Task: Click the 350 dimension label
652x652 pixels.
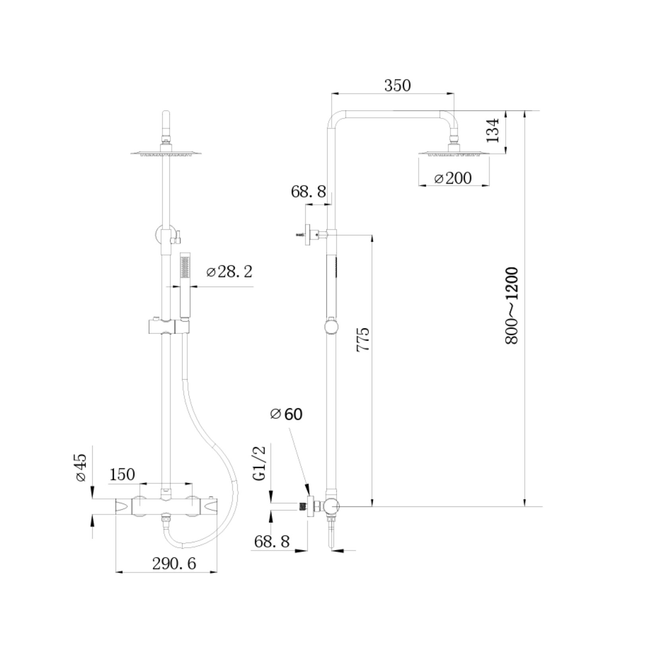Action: [x=398, y=85]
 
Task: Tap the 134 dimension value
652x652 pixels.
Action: [x=493, y=130]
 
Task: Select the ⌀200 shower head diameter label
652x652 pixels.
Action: [x=453, y=178]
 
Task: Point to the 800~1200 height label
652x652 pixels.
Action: [x=512, y=305]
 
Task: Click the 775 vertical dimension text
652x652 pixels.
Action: [x=363, y=339]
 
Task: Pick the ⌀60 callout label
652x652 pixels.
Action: [x=286, y=414]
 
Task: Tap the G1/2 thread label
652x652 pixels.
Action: [x=259, y=463]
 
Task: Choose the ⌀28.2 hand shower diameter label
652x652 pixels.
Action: [x=229, y=272]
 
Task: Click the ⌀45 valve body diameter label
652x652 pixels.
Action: [x=80, y=468]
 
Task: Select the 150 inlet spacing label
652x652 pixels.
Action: [x=122, y=474]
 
